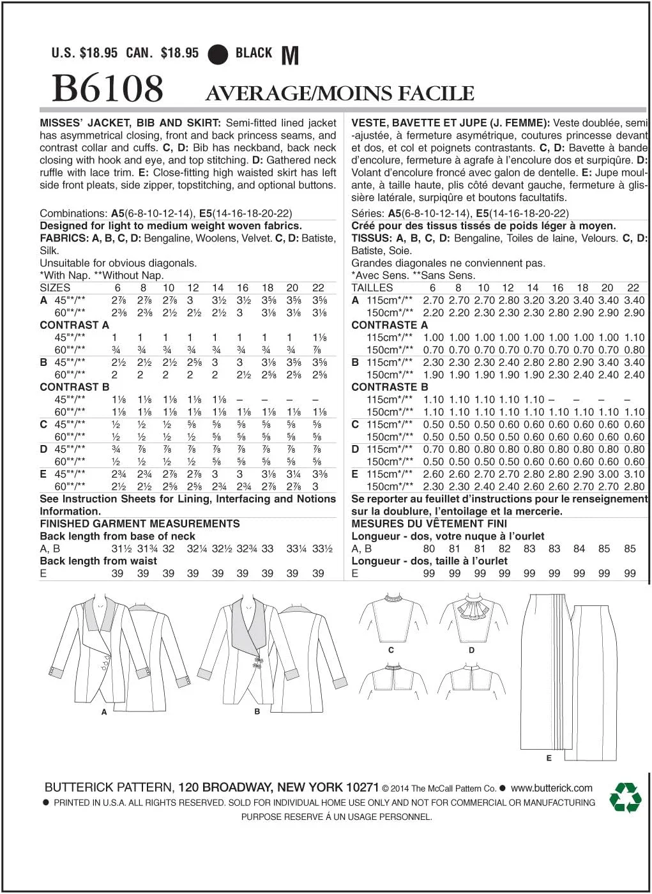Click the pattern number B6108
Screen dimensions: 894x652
tap(107, 89)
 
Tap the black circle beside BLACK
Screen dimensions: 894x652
tap(218, 54)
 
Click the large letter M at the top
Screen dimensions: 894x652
tap(290, 56)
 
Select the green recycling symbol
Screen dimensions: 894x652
tap(625, 797)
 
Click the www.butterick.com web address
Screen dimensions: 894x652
tap(552, 788)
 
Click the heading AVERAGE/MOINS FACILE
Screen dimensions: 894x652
tap(340, 94)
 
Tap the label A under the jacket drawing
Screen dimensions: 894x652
tap(104, 711)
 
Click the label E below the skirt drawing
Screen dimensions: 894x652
tap(549, 758)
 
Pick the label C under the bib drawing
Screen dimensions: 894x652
tap(391, 650)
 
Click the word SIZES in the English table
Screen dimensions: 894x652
tap(55, 288)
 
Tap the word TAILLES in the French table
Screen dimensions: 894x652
tap(372, 288)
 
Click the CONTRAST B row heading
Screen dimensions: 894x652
tap(75, 387)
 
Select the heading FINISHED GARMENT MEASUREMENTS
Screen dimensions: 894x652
tap(140, 524)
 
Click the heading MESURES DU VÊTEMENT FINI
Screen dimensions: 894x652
tap(429, 524)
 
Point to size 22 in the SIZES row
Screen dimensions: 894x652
tap(318, 288)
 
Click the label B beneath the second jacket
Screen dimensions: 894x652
tap(257, 711)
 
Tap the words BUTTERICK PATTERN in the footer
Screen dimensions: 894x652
tap(109, 787)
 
